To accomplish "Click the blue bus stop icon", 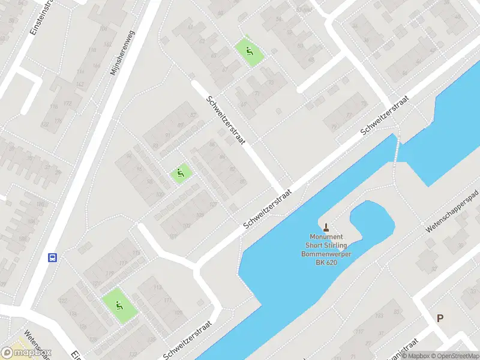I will (x=53, y=257).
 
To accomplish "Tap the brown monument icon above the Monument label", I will (x=326, y=227).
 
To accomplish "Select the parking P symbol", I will (x=440, y=318).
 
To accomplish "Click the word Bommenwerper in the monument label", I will (x=326, y=254).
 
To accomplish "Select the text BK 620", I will (x=326, y=262).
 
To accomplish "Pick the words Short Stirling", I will (x=326, y=245).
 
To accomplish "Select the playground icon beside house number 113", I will (x=118, y=305).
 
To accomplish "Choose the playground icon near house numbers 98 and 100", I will (x=180, y=174).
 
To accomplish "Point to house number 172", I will (x=67, y=104).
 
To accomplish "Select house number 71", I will (x=256, y=94).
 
